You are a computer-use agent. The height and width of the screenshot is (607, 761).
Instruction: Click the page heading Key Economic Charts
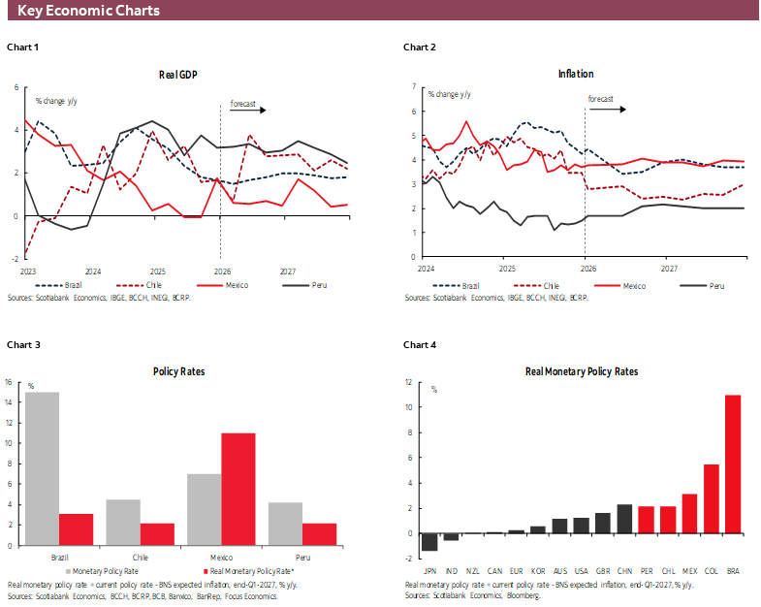click(x=88, y=11)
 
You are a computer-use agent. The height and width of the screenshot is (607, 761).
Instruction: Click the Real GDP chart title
click(x=179, y=75)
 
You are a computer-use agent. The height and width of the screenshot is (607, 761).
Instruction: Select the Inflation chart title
click(x=576, y=74)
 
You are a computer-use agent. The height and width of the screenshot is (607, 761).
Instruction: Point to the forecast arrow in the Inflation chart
click(x=608, y=110)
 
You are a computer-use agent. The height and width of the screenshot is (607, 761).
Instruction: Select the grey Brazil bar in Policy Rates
click(x=42, y=468)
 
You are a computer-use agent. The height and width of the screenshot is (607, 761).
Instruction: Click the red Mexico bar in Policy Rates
click(x=238, y=489)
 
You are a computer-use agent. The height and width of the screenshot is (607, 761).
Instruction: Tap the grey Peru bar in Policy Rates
click(x=285, y=524)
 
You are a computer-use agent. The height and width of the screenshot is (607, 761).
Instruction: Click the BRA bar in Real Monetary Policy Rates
click(x=733, y=464)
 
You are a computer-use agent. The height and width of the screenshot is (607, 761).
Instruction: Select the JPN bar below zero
click(x=429, y=542)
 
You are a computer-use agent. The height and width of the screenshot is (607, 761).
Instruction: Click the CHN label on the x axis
click(x=624, y=572)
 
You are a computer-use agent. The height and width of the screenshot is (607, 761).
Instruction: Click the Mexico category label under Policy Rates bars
click(x=221, y=558)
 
